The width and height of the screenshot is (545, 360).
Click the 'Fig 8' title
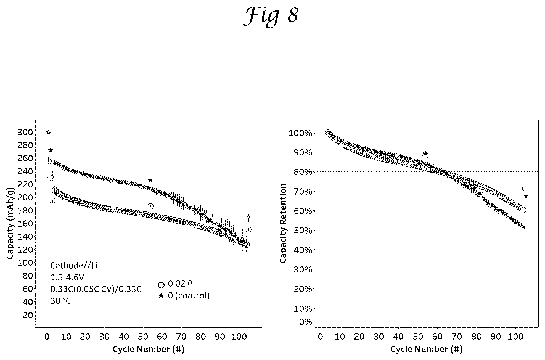click(271, 16)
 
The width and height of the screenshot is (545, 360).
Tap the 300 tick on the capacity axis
click(25, 132)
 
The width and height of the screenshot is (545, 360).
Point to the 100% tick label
click(300, 133)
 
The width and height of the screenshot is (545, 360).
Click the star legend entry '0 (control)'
click(184, 296)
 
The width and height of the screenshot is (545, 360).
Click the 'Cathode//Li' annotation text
click(74, 266)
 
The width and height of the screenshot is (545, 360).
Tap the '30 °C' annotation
click(61, 301)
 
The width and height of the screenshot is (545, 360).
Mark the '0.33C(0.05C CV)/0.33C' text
click(96, 289)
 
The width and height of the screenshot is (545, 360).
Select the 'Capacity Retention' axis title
click(283, 223)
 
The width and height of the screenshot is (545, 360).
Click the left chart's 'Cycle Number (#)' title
click(149, 349)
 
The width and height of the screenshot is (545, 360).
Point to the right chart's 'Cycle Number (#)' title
click(426, 349)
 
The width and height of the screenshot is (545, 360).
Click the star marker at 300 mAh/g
click(49, 132)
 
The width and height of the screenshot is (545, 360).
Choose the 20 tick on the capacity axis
click(28, 315)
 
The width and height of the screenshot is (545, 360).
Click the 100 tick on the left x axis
click(239, 337)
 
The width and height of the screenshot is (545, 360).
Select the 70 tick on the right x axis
click(457, 337)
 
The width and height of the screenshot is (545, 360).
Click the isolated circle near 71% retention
click(525, 189)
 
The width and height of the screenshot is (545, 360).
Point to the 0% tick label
click(305, 322)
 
